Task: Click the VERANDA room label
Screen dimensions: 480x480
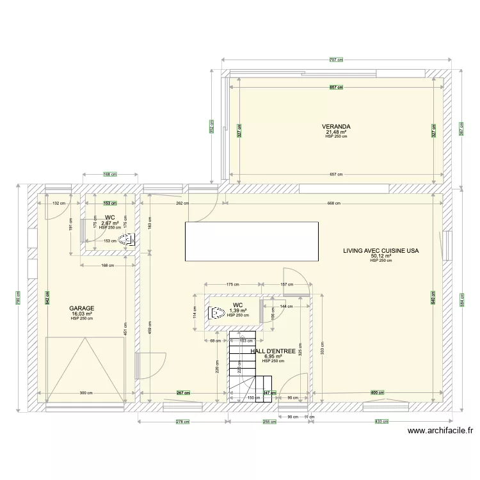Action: pos(336,127)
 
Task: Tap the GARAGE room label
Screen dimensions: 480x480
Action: pos(82,308)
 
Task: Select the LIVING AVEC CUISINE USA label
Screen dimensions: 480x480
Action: pos(381,251)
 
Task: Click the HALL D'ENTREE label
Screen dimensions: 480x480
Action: pos(273,351)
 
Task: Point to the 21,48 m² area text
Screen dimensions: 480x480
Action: pos(336,132)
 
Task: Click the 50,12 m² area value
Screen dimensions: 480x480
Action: pos(381,256)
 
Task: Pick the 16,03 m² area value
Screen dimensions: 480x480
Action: pos(82,314)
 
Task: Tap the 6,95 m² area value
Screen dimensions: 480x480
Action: pos(273,356)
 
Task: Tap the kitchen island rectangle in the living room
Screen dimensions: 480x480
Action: pos(252,241)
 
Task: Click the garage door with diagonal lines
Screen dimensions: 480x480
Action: pos(85,370)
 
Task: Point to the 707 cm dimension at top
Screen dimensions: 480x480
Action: pos(336,60)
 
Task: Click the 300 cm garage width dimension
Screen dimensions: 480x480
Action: pos(85,393)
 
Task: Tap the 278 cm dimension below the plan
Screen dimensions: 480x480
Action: pos(182,422)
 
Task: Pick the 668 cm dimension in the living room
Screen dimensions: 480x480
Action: pos(333,204)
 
